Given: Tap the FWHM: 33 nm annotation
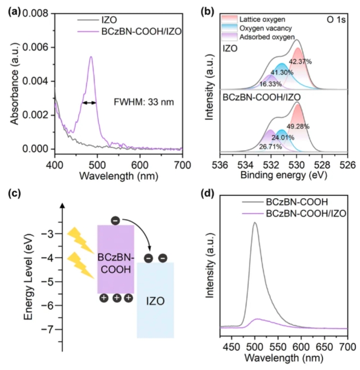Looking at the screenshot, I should (143, 102).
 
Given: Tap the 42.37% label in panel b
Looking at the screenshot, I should (300, 62).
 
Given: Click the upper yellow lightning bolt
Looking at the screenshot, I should (80, 241).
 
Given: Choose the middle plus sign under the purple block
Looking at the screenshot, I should (115, 298).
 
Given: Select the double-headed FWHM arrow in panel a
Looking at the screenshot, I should (89, 102).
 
